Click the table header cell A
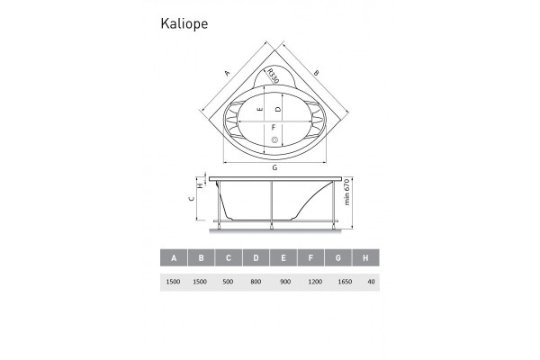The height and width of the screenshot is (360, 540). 174,258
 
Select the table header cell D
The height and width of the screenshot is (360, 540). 256,258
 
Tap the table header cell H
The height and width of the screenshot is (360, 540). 367,258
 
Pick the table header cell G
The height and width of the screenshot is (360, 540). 339,258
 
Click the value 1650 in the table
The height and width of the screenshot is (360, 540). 339,282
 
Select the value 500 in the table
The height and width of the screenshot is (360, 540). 229,282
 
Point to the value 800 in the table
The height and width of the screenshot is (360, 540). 256,282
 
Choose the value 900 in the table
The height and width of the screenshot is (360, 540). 283,282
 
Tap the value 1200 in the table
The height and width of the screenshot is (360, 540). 311,282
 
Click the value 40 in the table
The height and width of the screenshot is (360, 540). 367,282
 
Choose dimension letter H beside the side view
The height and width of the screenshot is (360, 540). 209,186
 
